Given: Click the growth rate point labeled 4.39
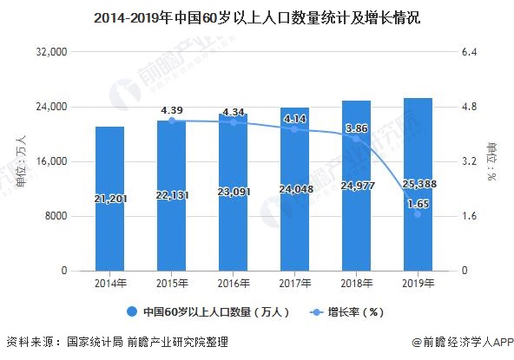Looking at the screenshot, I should [x=171, y=121].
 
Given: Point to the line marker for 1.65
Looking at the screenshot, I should [x=418, y=213].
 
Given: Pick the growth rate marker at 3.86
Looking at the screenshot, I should [x=356, y=139].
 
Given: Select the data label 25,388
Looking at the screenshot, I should [x=418, y=184].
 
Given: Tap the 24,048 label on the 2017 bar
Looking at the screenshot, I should [x=295, y=189].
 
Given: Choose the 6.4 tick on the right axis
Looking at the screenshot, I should [x=470, y=53].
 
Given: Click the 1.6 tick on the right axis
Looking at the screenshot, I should [x=470, y=217].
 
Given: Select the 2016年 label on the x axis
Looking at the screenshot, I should [x=233, y=285].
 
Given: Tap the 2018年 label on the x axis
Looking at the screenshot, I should [x=356, y=285].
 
